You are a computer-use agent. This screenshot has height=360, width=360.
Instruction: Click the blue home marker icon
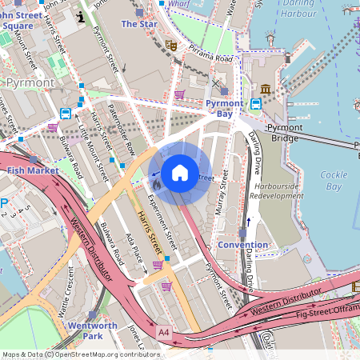[x=180, y=173]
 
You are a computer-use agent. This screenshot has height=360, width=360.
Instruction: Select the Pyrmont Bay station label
[x=224, y=109]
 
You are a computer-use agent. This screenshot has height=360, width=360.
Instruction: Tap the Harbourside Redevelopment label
[x=276, y=190]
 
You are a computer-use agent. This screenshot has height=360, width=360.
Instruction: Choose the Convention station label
[x=243, y=244]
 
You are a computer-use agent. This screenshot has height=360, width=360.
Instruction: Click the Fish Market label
[x=32, y=170]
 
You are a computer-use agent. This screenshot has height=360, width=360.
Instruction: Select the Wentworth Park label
[x=92, y=331]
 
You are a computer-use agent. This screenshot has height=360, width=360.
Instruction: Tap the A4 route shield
[x=164, y=331]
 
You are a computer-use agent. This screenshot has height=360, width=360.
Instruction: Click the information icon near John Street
[x=80, y=16]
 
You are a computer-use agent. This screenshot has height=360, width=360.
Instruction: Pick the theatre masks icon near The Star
[x=170, y=46]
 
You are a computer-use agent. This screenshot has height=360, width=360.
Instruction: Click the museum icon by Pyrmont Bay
[x=266, y=88]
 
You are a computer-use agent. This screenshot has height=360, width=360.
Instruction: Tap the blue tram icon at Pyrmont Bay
[x=256, y=104]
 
